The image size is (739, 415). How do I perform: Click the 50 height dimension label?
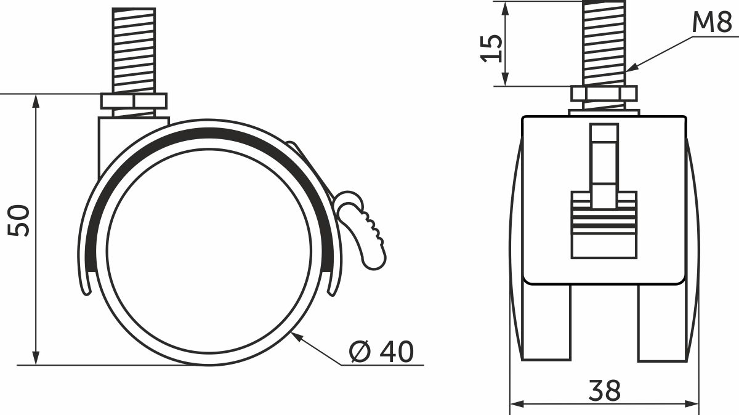tap(18, 220)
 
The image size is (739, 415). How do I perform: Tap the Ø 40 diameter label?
tap(381, 352)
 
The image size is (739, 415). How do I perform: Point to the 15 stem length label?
tap(491, 48)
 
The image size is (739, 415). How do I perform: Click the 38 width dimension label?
tap(604, 390)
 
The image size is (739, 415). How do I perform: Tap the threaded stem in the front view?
tap(604, 43)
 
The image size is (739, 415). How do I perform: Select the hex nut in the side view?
tap(134, 101)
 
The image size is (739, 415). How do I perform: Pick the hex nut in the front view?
tap(604, 94)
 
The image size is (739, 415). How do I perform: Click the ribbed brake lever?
tap(363, 228)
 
